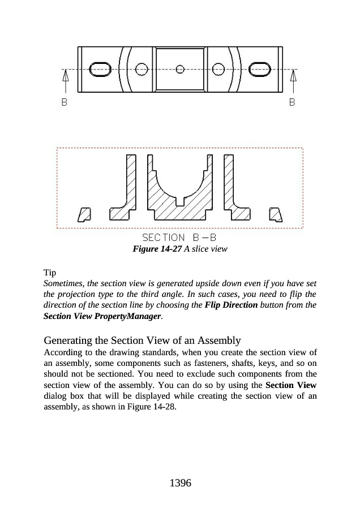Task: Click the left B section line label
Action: pyautogui.click(x=65, y=103)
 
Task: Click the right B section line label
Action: pyautogui.click(x=292, y=103)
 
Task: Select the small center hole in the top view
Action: pyautogui.click(x=180, y=69)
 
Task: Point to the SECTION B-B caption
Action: pyautogui.click(x=179, y=238)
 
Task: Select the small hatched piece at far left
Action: pyautogui.click(x=84, y=214)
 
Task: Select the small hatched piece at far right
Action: pyautogui.click(x=276, y=214)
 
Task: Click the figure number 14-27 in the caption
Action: pyautogui.click(x=156, y=249)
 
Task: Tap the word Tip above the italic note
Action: pyautogui.click(x=50, y=273)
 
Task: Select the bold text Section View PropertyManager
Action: pyautogui.click(x=102, y=316)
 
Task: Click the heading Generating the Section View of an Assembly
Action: pyautogui.click(x=142, y=340)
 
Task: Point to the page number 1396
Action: pyautogui.click(x=180, y=483)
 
